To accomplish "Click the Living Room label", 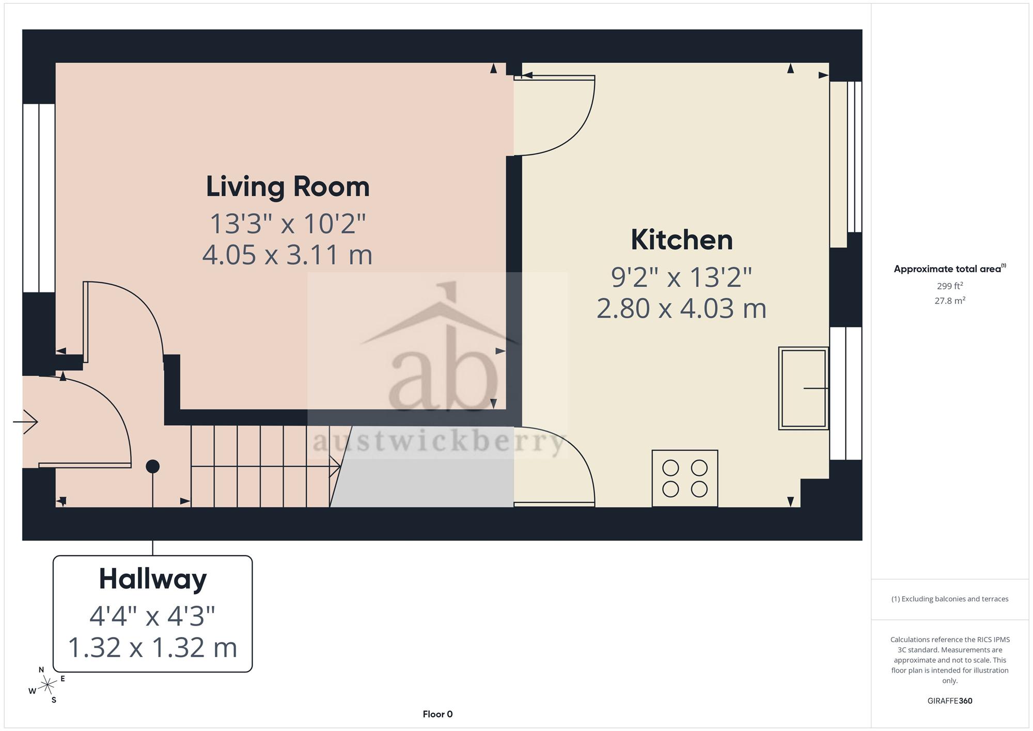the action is click(x=288, y=186).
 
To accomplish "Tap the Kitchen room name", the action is click(x=682, y=240).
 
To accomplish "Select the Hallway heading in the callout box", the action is click(x=153, y=579).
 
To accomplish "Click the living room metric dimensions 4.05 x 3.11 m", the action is click(x=287, y=255).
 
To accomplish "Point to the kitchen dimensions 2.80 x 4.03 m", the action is click(x=681, y=308).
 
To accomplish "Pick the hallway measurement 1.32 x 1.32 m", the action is click(x=152, y=647).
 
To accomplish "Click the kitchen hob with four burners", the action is click(x=685, y=478).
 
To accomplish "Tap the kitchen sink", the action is click(x=803, y=388).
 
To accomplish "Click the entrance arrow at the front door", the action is click(x=25, y=422).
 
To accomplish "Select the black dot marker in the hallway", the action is click(x=152, y=466).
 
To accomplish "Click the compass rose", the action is click(x=48, y=685).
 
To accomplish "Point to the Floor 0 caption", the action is click(x=437, y=714).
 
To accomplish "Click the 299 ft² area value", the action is click(x=950, y=286).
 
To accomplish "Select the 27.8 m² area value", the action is click(x=950, y=300).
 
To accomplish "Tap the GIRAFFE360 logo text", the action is click(x=950, y=701).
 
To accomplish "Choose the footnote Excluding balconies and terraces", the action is click(x=950, y=599).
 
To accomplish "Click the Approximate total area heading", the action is click(x=950, y=269).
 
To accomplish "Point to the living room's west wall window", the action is click(x=39, y=198).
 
